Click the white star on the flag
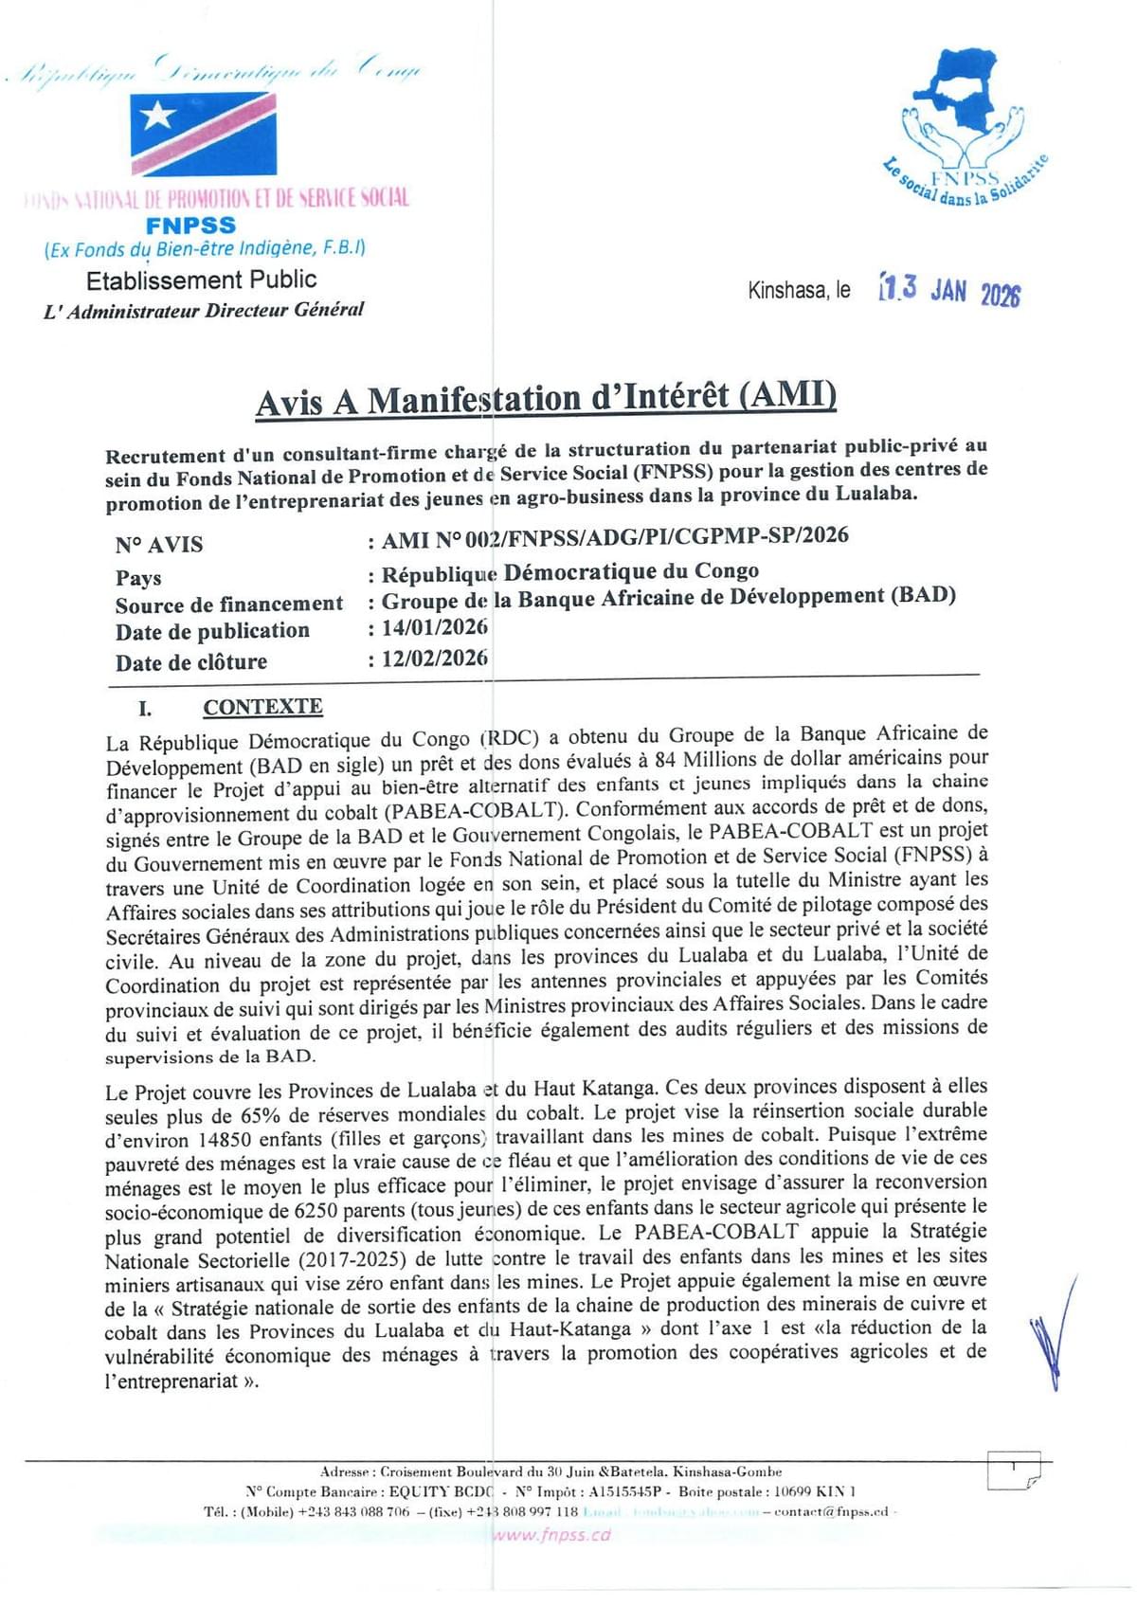(x=158, y=116)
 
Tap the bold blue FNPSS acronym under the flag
(x=190, y=226)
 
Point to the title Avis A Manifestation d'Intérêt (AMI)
(x=546, y=399)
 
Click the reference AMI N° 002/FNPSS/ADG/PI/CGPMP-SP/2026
(x=615, y=537)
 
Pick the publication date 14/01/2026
(x=435, y=628)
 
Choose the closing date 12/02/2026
(x=435, y=658)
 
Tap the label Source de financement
(x=228, y=605)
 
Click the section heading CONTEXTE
(x=262, y=707)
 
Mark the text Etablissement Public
(x=201, y=280)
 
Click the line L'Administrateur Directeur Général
(x=203, y=310)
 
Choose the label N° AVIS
(x=158, y=545)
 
